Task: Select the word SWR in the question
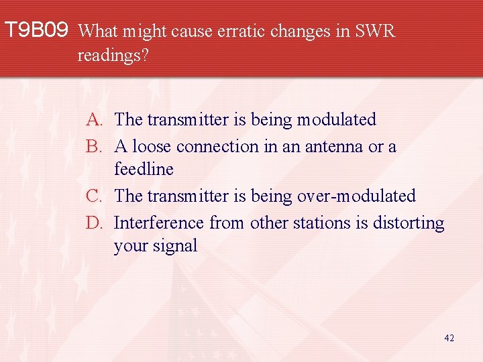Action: coord(375,31)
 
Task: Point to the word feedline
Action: coord(144,170)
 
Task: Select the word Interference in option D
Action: coord(159,223)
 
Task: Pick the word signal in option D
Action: coord(175,246)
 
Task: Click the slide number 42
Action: coord(449,339)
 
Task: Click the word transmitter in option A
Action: coord(188,120)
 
